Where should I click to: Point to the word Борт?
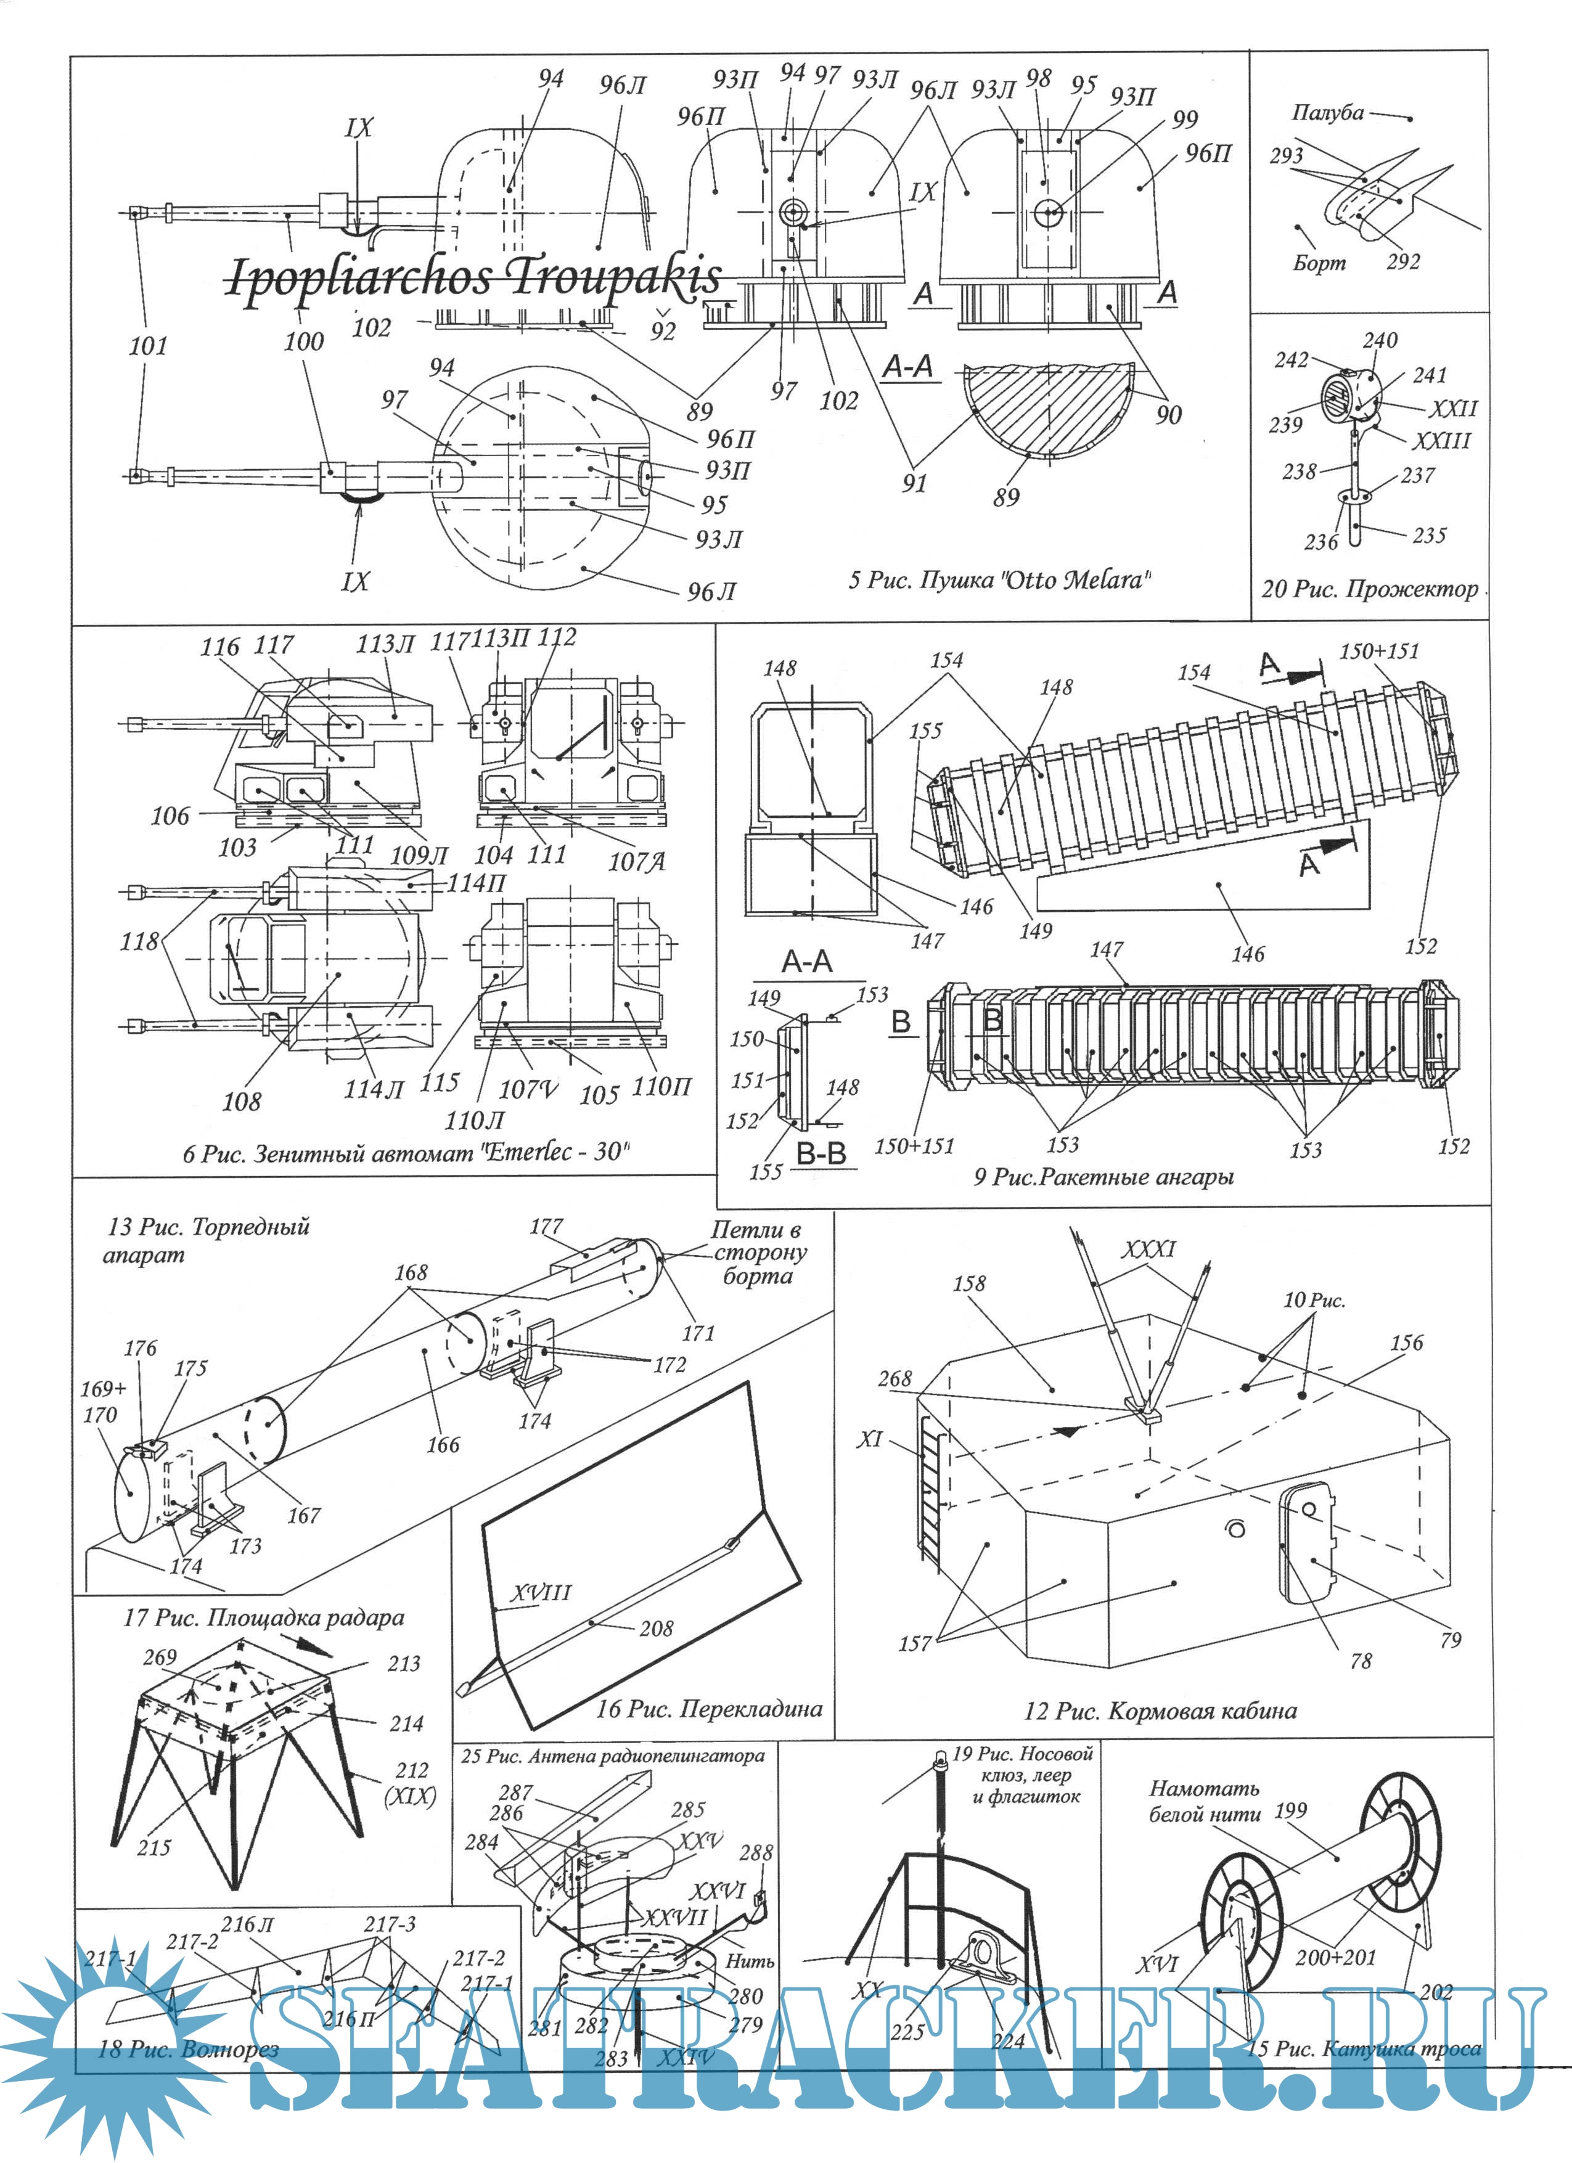pos(1319,262)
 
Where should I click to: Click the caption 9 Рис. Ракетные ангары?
pos(1103,1177)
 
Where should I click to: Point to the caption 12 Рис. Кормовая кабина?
pos(1160,1710)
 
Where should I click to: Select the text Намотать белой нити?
pos(1204,1801)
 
